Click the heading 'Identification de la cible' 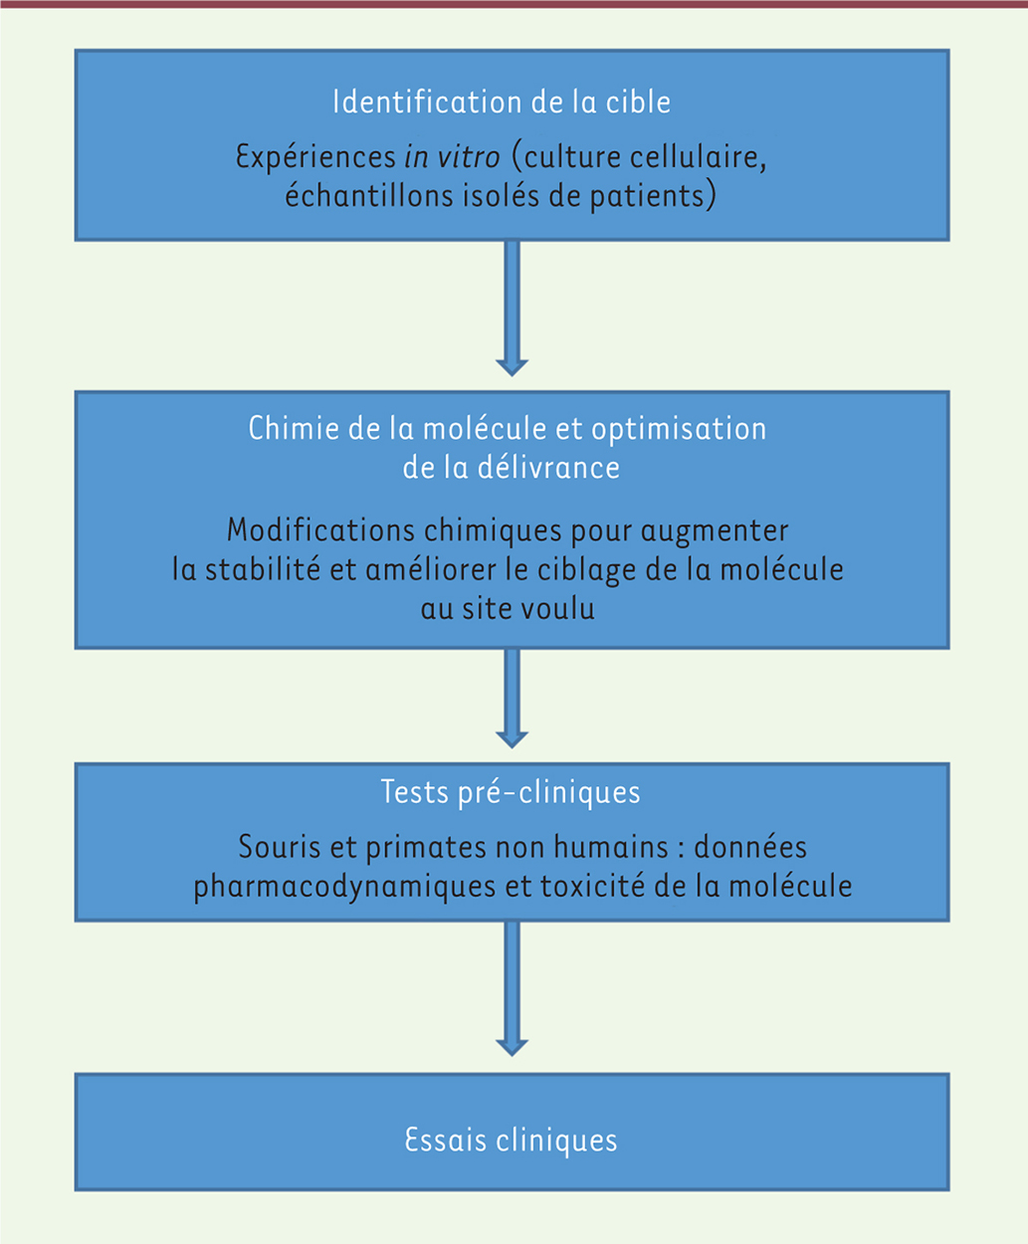click(x=502, y=103)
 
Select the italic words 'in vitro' click(x=452, y=157)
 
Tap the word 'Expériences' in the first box click(x=315, y=157)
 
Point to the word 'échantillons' click(x=370, y=196)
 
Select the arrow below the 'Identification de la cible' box click(x=512, y=308)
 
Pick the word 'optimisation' click(x=679, y=429)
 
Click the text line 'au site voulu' click(x=508, y=609)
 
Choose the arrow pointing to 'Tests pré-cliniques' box click(x=512, y=698)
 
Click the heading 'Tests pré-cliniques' click(x=511, y=792)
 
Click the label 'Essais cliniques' click(x=511, y=1140)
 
